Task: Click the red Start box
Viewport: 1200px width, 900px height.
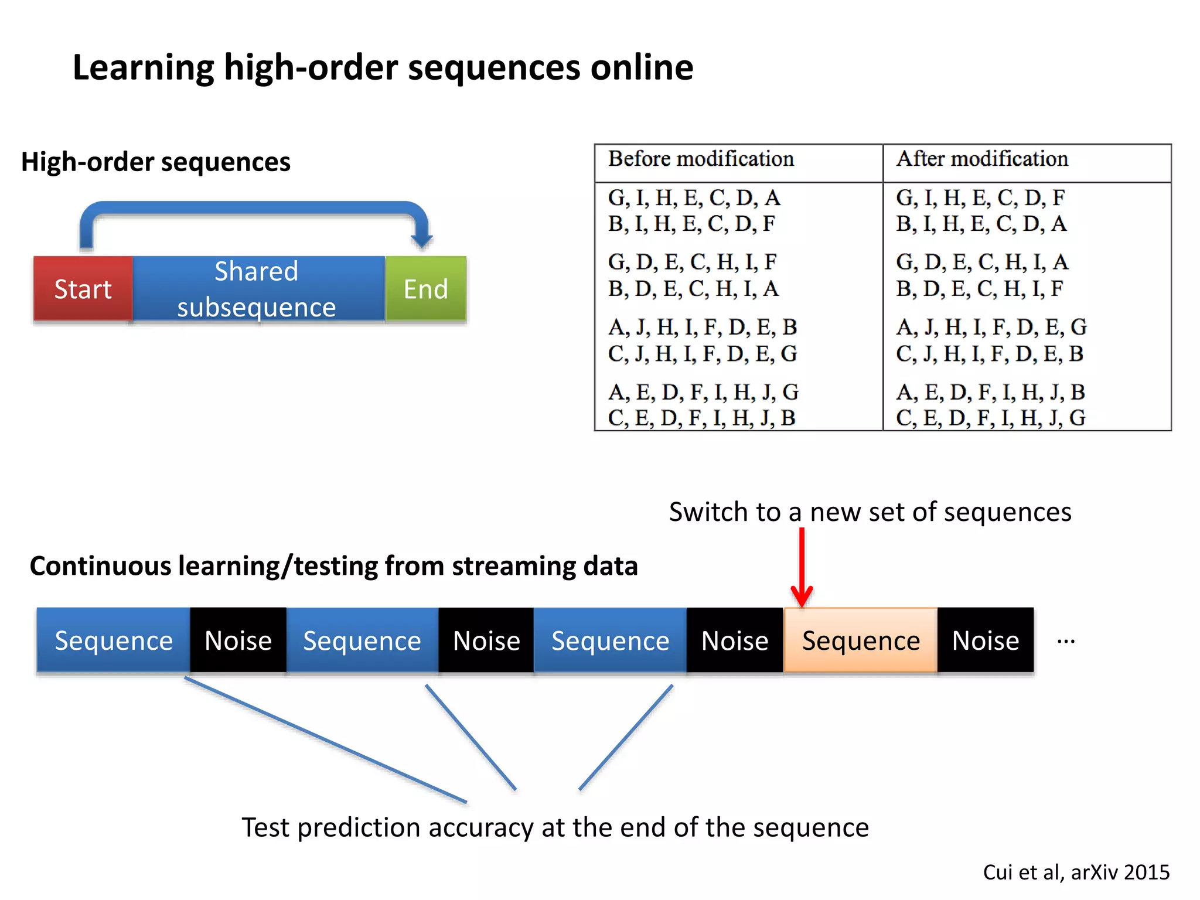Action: point(83,289)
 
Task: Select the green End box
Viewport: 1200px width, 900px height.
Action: point(425,289)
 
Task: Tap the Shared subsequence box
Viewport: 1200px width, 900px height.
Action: point(257,289)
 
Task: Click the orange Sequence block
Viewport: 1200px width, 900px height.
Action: point(860,640)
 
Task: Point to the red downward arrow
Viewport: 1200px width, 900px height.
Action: point(802,568)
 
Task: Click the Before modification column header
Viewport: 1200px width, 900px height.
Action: point(701,159)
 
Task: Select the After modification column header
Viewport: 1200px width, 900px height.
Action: point(982,159)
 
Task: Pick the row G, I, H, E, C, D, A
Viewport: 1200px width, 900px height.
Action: point(694,198)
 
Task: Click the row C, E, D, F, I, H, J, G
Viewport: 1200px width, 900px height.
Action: point(990,418)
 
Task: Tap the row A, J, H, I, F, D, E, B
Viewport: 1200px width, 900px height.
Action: point(702,327)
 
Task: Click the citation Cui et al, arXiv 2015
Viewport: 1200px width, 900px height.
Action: point(1076,872)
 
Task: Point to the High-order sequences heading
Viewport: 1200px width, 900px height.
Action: point(156,162)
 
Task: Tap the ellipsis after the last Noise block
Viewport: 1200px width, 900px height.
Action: point(1066,642)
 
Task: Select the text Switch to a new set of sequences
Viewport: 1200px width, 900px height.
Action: point(870,512)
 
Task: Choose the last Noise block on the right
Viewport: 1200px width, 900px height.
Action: point(986,640)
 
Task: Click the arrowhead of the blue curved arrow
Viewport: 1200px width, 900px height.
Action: point(421,240)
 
